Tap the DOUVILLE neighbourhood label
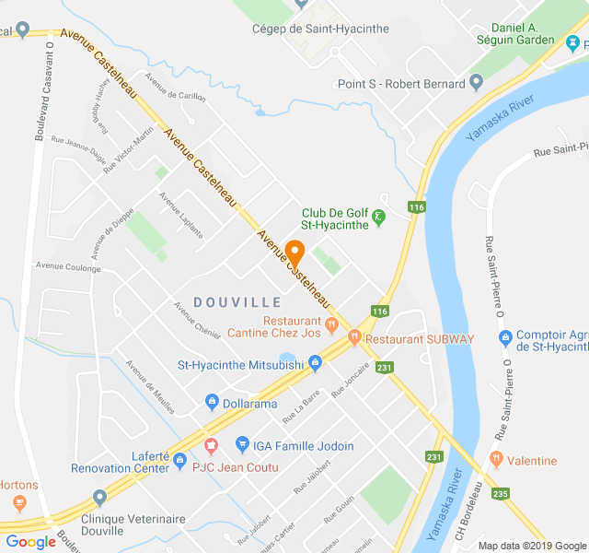(x=237, y=302)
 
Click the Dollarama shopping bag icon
(x=212, y=403)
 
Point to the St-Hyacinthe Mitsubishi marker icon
(x=315, y=365)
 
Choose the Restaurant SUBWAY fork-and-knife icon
(x=354, y=339)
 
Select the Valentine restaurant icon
(x=497, y=460)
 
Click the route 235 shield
(x=500, y=494)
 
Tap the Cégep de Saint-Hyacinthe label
(x=320, y=29)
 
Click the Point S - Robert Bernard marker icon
(x=476, y=83)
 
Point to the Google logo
(x=31, y=542)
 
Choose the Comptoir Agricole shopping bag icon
(x=504, y=337)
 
